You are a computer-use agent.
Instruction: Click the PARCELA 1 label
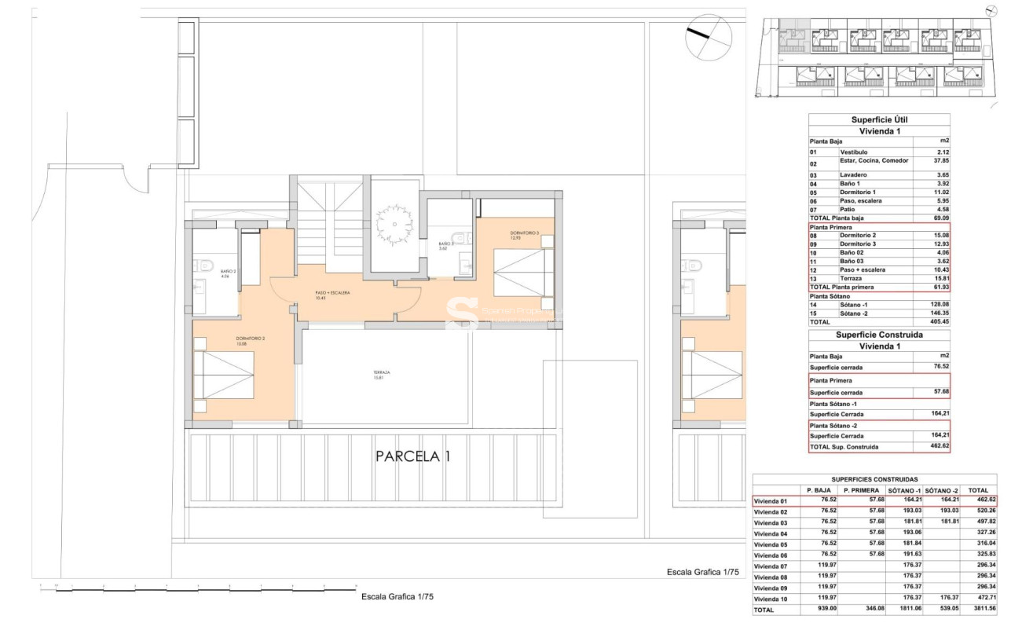[412, 456]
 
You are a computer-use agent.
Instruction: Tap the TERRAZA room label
[383, 374]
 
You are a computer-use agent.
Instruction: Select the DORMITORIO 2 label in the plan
[251, 339]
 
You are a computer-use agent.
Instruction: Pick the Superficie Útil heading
[879, 119]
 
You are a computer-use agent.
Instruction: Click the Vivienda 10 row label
[771, 599]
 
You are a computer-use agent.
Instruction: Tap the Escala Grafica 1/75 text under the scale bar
[397, 597]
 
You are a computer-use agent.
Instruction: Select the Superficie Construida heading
[879, 335]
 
